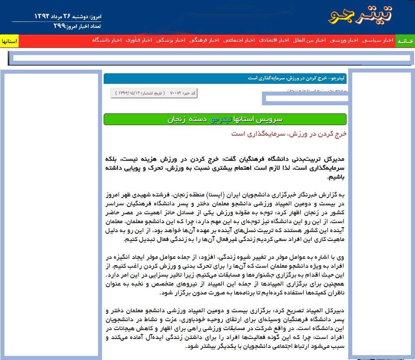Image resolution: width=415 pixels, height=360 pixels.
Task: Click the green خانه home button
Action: coord(405,41)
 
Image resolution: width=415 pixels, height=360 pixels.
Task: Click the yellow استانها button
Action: coord(9,41)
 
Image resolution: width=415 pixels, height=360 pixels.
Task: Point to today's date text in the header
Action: coord(67,17)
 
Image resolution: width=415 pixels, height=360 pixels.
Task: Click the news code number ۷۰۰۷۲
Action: coord(175,93)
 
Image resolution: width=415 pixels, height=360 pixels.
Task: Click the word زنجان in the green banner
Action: coord(177,119)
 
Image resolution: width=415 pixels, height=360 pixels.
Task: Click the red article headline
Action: coord(289,134)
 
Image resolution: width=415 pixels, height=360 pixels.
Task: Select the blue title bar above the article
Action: coord(225,78)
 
